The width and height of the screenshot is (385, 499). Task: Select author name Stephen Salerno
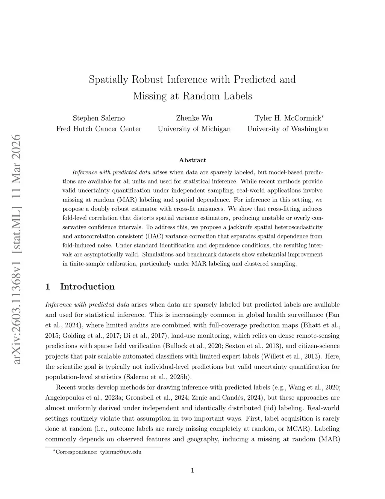click(99, 118)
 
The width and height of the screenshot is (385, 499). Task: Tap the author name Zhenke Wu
click(194, 118)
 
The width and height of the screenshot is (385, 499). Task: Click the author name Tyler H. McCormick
click(288, 118)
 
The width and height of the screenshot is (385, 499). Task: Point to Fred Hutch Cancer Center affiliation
click(99, 129)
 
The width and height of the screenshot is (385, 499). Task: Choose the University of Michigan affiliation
click(194, 129)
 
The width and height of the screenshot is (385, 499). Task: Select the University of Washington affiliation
click(288, 129)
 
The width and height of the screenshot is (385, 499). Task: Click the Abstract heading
click(192, 160)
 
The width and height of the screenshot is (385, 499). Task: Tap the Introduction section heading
click(87, 287)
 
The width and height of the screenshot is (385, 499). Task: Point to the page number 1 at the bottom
click(192, 470)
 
